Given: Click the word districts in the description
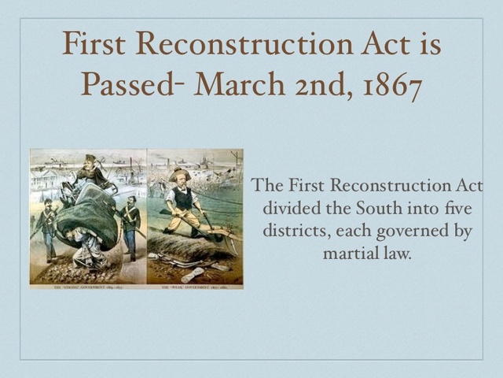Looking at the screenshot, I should coord(289,232).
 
